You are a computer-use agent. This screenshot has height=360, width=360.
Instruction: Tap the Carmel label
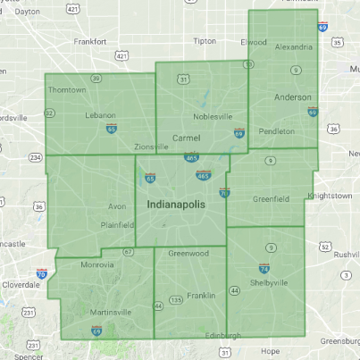(x=186, y=138)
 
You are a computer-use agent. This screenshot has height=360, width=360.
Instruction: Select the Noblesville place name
(x=213, y=117)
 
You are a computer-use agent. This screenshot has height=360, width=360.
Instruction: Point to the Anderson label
(x=293, y=97)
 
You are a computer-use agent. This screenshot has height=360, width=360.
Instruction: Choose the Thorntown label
(x=67, y=89)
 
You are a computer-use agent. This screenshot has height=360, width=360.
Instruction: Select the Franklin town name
(x=202, y=295)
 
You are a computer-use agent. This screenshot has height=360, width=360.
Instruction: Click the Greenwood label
(x=188, y=253)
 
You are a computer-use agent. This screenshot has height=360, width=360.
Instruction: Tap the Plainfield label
(x=116, y=226)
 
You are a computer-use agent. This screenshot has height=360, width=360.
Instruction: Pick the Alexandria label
(x=294, y=46)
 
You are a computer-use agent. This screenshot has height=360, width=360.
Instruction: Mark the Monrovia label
(x=73, y=264)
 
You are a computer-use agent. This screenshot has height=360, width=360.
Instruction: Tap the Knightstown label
(x=330, y=195)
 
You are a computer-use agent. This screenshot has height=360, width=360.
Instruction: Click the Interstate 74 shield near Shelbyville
(x=264, y=268)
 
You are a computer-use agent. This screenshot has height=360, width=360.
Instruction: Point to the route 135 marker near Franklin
(x=178, y=300)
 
